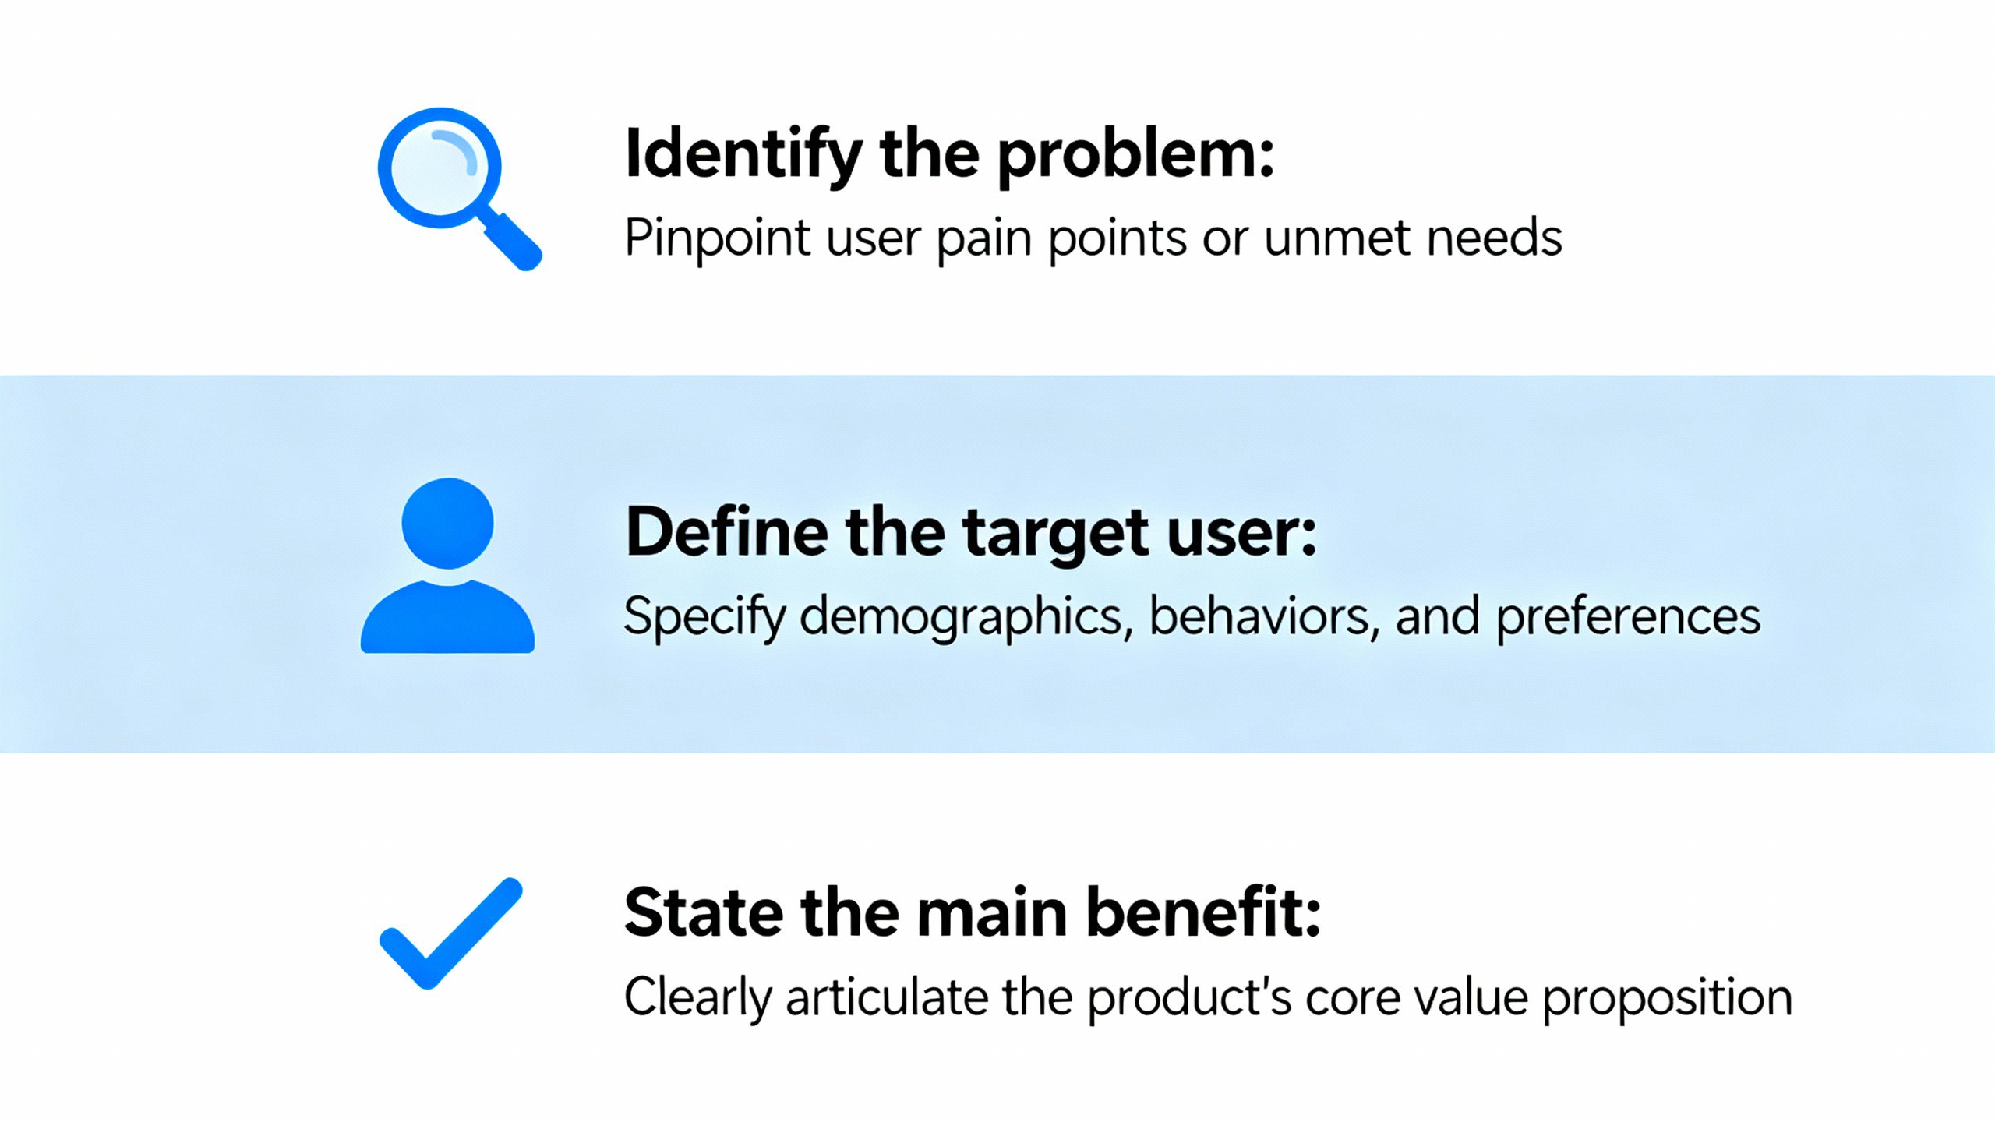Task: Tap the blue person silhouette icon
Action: (447, 565)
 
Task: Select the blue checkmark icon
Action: (450, 933)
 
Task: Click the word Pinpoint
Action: (718, 238)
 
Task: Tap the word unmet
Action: (1337, 238)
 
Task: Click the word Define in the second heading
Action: (726, 532)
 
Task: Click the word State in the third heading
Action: (704, 912)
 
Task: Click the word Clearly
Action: (697, 998)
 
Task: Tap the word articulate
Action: (887, 997)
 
